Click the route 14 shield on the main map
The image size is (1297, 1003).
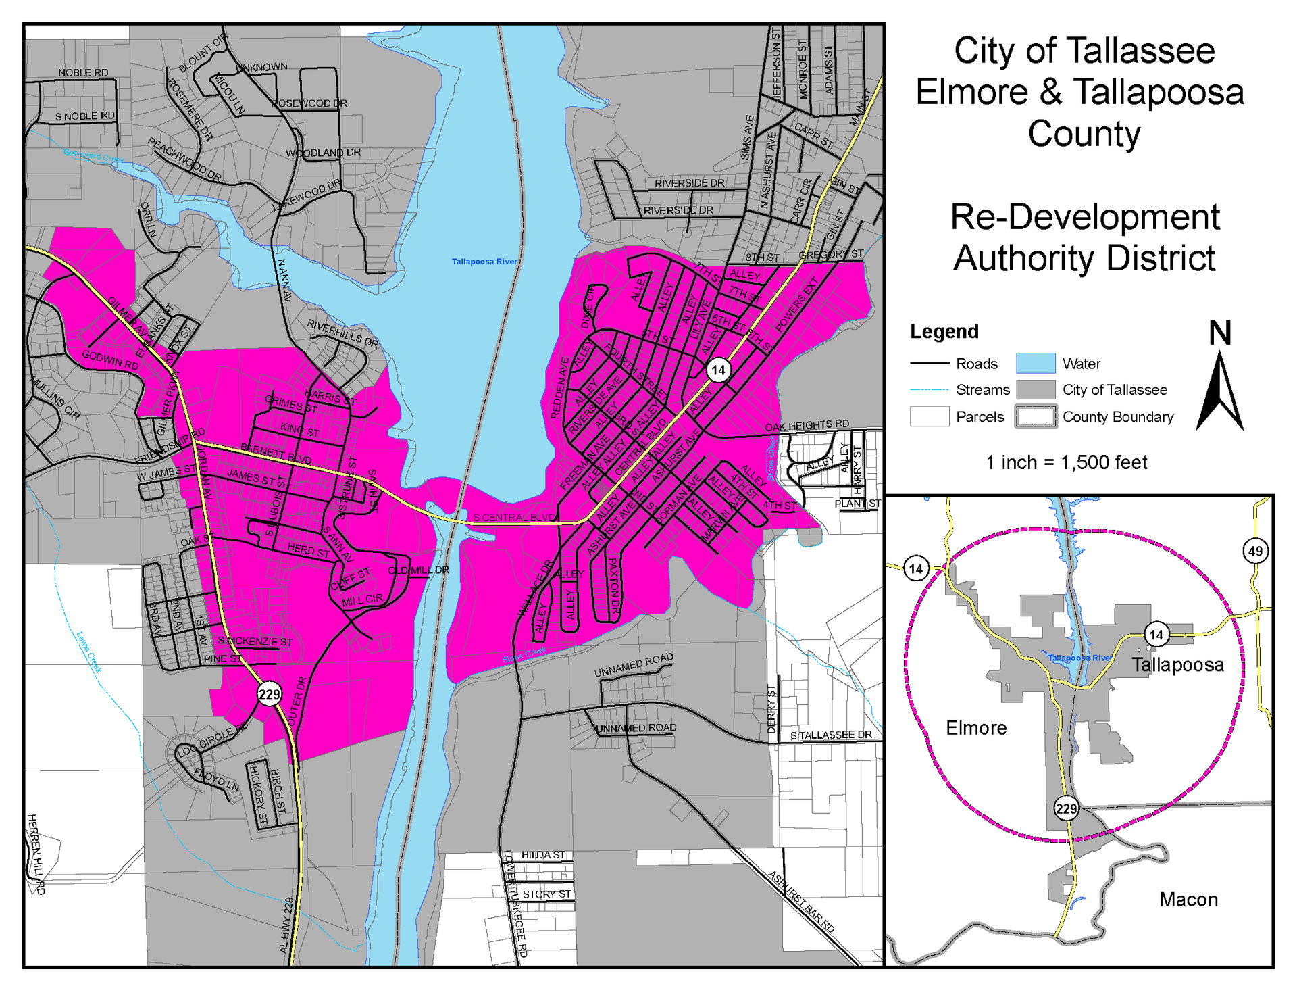tap(718, 370)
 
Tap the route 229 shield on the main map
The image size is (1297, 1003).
tap(269, 693)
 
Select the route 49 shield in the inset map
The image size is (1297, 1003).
tap(1255, 551)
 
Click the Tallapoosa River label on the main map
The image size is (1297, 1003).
tap(484, 262)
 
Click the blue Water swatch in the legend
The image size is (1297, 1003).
tap(1036, 364)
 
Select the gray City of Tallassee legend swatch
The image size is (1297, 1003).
tap(1036, 390)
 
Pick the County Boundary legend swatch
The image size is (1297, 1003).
tap(1036, 416)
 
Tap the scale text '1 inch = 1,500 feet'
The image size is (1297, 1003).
tap(1066, 462)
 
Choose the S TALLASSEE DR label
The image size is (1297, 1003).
tap(831, 735)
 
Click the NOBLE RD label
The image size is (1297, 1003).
tap(83, 73)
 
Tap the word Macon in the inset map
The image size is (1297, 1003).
tap(1188, 900)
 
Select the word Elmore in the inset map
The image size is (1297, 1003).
tap(975, 728)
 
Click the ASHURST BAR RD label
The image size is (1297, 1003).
tap(802, 902)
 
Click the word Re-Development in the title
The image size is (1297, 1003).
tap(1084, 217)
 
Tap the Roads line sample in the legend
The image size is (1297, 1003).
tap(930, 364)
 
